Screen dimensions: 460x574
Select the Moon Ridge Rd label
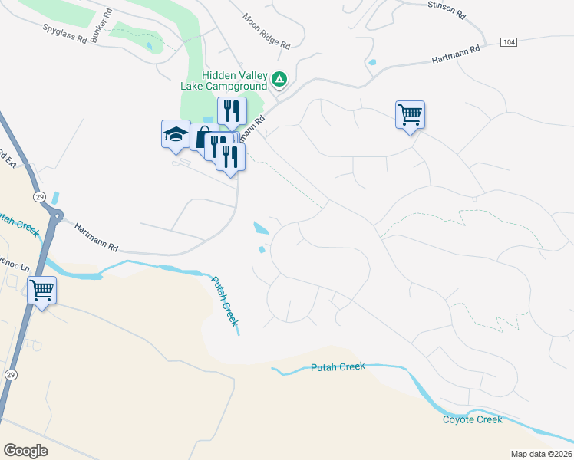(x=266, y=31)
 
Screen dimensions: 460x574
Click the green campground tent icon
(x=280, y=79)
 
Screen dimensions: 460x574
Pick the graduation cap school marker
(x=175, y=134)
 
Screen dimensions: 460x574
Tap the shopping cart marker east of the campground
(x=410, y=114)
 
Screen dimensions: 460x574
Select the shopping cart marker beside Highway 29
(x=41, y=291)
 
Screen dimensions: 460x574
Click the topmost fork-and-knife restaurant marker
(x=231, y=110)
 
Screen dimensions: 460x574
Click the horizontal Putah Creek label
(x=338, y=367)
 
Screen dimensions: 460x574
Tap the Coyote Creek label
(x=472, y=419)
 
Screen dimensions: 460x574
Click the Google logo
(x=25, y=451)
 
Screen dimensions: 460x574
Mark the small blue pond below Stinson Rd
(x=372, y=62)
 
